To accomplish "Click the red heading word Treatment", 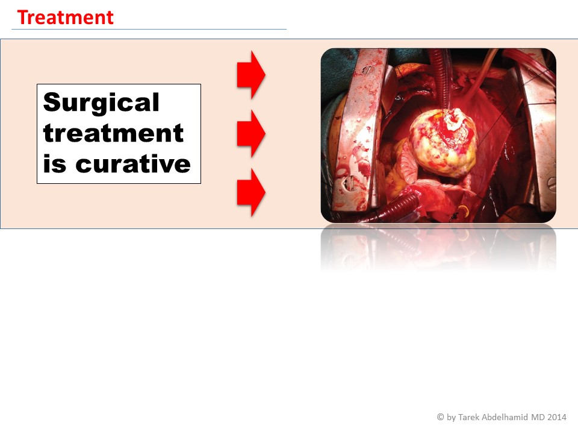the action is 65,17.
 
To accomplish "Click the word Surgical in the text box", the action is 101,103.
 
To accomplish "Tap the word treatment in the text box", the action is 113,133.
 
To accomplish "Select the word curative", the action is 133,163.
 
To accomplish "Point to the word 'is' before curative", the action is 55,163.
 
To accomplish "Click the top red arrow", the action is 251,75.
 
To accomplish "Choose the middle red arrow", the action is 251,133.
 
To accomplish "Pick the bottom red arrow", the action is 251,192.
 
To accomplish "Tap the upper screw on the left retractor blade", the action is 368,69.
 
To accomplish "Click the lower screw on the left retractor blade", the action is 350,182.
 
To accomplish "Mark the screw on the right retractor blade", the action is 552,183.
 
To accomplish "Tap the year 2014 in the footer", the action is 556,417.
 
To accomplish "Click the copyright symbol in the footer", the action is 440,417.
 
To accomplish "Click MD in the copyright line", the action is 538,417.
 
